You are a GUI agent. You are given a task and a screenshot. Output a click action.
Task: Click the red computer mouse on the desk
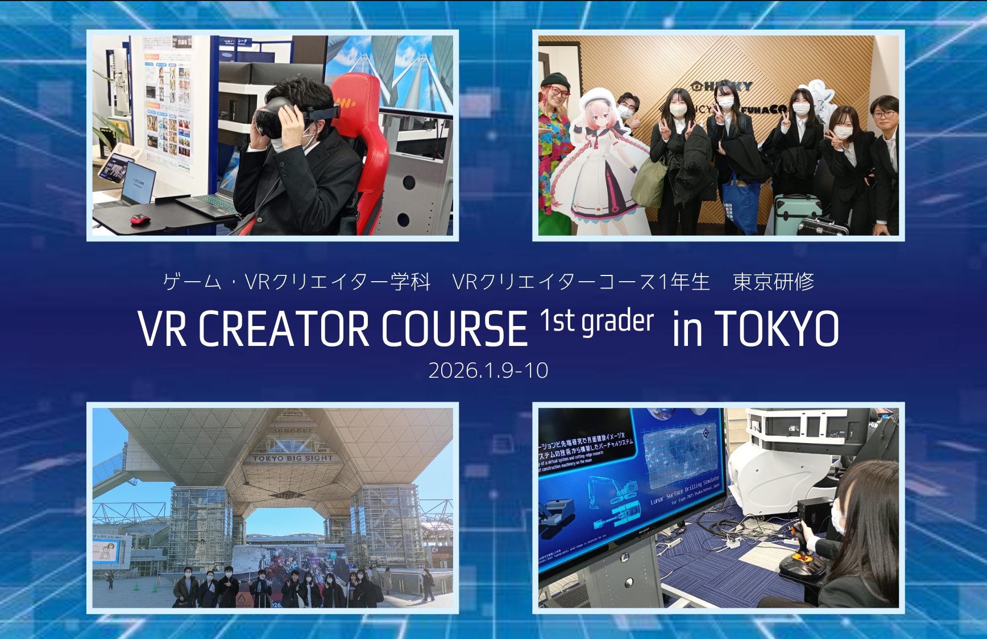click(140, 219)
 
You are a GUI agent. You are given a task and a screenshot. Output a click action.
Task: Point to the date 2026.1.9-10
click(488, 370)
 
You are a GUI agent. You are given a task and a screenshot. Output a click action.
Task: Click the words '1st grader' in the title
click(596, 321)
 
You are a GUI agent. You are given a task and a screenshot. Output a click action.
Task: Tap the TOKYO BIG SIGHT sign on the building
click(293, 458)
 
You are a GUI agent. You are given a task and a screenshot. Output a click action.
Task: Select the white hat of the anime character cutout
click(597, 101)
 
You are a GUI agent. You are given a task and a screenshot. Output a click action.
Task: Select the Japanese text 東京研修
click(773, 282)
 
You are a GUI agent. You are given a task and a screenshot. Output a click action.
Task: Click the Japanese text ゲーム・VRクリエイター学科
click(296, 282)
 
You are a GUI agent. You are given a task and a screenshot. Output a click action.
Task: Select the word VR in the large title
click(162, 329)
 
